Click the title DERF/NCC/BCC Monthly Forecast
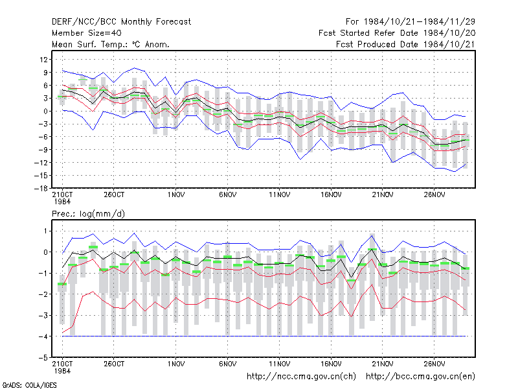[121, 22]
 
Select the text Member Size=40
[87, 33]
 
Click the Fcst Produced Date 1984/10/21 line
[405, 44]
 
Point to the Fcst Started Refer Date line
[397, 33]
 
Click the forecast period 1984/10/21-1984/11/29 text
[419, 22]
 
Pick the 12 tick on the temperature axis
[43, 60]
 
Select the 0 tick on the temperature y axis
[45, 111]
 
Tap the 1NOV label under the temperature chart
[175, 195]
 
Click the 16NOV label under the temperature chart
[331, 195]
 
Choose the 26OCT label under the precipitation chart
[114, 364]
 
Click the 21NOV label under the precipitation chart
[383, 364]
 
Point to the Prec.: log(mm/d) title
[88, 214]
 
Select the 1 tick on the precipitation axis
[45, 231]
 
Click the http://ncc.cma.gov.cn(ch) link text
[301, 377]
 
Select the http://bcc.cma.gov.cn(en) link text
[420, 377]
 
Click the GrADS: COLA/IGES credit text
[30, 385]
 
